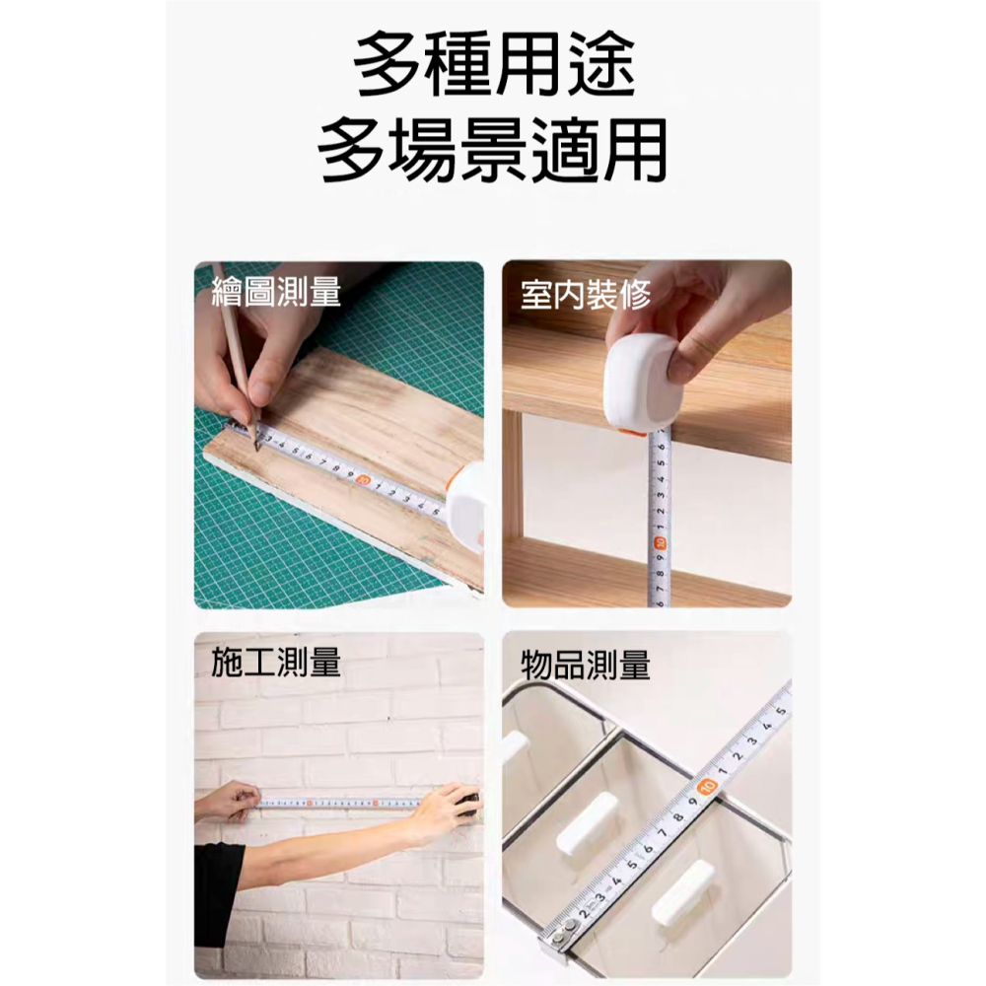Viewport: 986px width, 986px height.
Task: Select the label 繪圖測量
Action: coord(277,292)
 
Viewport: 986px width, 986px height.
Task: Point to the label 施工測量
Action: coord(277,664)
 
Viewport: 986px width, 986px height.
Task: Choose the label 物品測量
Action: coord(586,666)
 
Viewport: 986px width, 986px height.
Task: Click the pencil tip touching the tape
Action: coord(253,443)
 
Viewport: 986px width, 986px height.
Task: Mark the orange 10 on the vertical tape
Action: coord(660,540)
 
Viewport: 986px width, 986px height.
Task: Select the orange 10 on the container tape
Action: coord(706,786)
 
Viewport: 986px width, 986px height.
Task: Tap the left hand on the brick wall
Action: coord(229,800)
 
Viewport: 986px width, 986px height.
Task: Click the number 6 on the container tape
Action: coord(648,848)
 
